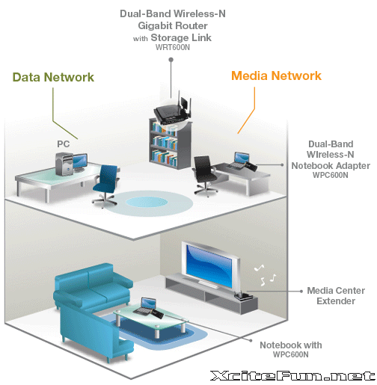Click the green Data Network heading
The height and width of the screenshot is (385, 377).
53,77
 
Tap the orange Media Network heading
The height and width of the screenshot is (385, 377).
276,76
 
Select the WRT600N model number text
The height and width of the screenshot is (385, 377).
173,47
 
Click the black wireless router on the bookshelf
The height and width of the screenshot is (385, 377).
173,111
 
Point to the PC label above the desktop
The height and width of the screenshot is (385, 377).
64,144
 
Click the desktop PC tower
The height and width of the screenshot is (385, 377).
64,164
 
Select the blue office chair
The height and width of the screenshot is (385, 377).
105,185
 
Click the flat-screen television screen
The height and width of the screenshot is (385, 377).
209,265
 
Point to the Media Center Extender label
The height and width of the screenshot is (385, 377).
336,295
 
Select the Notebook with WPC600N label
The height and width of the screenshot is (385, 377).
291,349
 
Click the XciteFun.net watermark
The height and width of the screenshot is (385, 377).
292,375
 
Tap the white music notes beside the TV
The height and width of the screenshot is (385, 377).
266,275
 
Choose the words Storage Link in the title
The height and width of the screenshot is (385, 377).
181,37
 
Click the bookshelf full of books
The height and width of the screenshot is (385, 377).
170,144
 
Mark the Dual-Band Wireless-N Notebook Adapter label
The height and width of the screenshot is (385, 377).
331,159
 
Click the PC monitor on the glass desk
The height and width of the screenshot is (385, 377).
80,161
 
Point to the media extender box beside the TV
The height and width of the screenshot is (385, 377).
243,296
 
